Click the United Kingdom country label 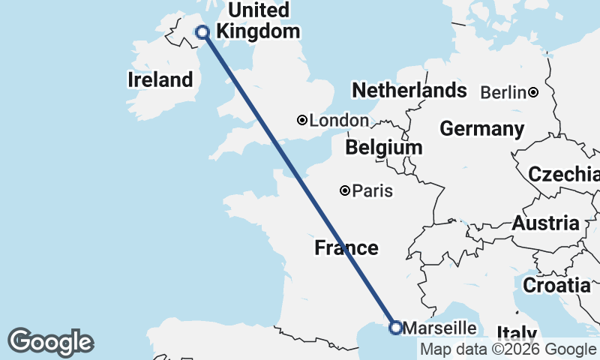point(258,21)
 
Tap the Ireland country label point(160,79)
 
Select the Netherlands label point(409,91)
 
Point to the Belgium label point(384,148)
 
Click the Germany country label point(481,129)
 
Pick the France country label point(346,247)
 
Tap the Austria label point(545,223)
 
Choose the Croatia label point(556,285)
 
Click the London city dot point(301,120)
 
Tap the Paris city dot point(345,190)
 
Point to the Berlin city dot point(532,92)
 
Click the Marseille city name point(439,328)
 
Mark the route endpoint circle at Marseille point(396,327)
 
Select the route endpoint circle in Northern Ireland point(202,31)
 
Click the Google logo point(50,342)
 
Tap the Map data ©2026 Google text point(508,349)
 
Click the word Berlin point(502,92)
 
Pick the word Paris point(372,190)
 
